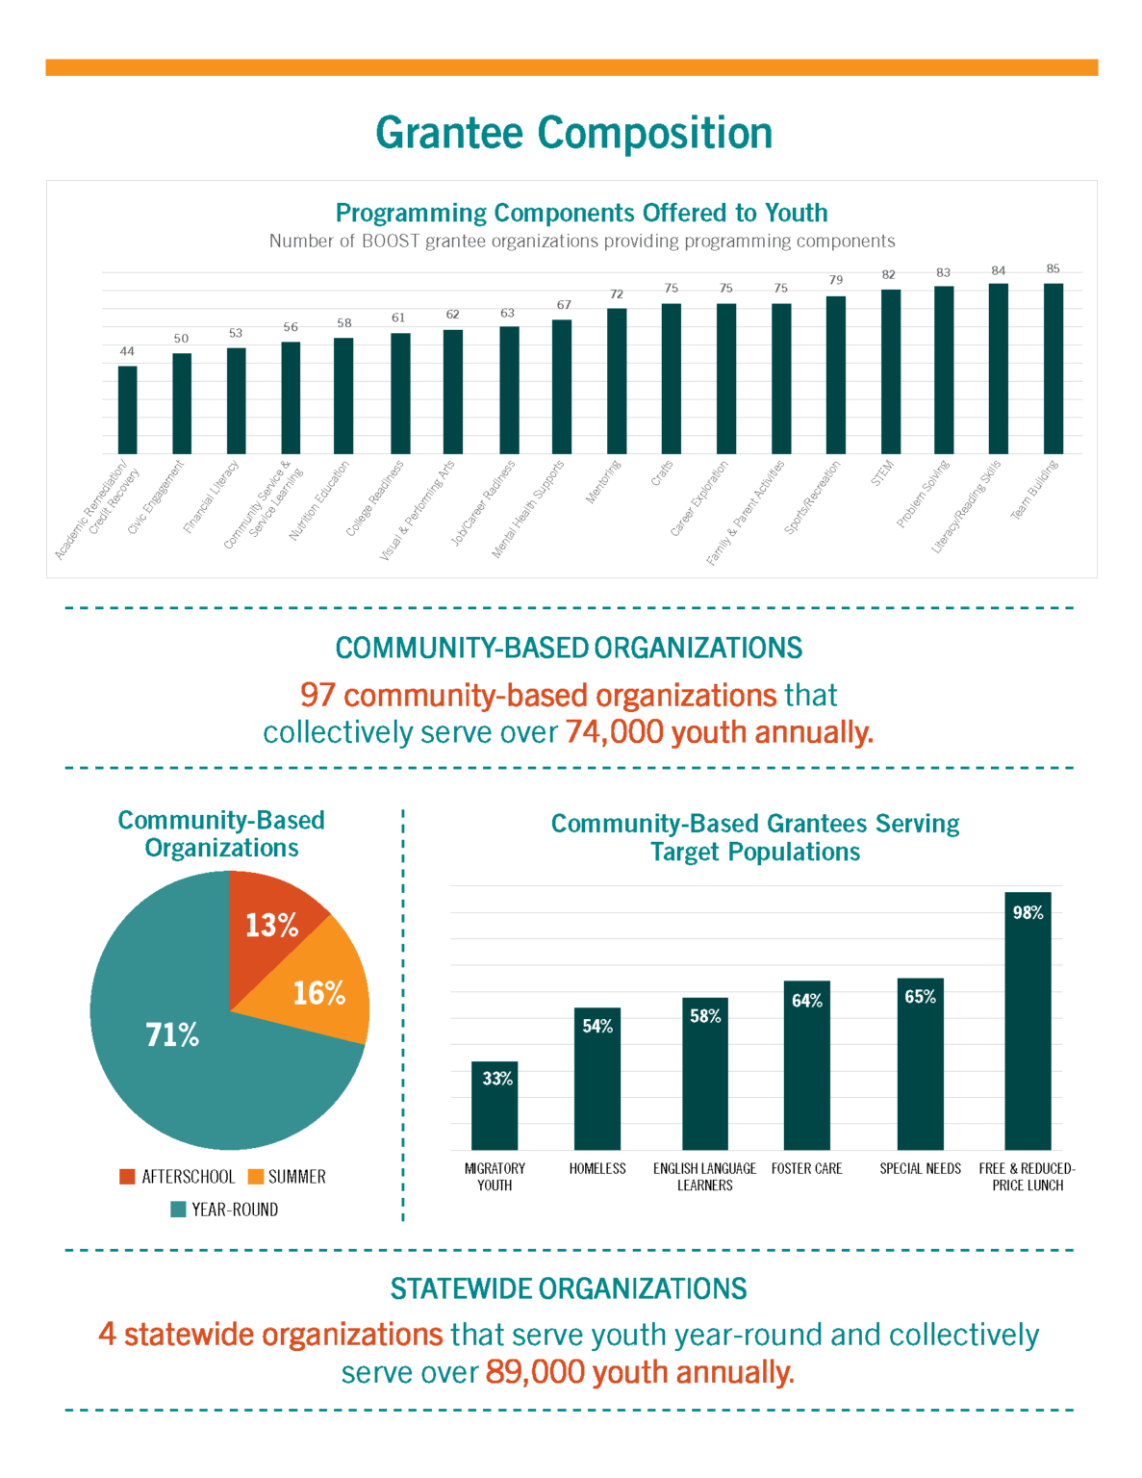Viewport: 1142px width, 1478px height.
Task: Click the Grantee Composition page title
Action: (573, 133)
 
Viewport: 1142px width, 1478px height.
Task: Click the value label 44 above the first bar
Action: (127, 351)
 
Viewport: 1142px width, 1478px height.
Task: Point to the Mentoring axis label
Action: (604, 482)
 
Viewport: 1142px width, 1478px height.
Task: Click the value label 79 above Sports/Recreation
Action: (836, 280)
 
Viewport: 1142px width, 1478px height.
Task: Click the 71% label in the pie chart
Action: (172, 1035)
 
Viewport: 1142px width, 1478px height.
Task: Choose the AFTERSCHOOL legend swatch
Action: (127, 1177)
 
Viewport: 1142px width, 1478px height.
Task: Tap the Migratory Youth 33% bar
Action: (495, 1106)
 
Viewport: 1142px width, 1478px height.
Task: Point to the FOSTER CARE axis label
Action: (806, 1168)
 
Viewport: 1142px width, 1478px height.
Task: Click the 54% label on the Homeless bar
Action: (597, 1027)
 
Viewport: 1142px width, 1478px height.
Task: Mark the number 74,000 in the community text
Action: (614, 732)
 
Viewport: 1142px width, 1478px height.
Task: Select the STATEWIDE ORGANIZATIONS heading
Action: (569, 1288)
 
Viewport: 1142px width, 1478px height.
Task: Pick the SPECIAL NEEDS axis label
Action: (920, 1168)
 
